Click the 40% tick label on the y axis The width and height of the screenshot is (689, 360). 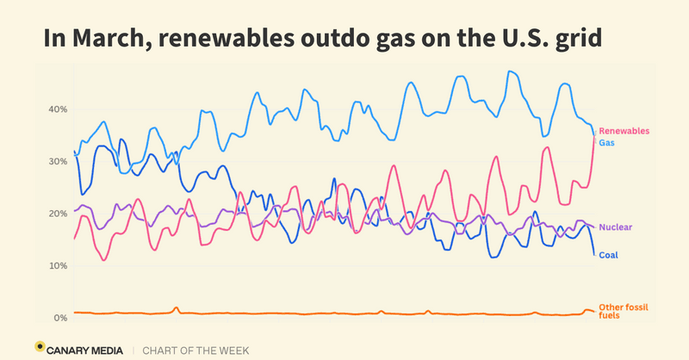click(57, 109)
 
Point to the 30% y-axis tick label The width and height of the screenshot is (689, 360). click(57, 162)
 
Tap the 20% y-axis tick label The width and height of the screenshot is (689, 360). click(57, 214)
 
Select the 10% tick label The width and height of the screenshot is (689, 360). click(57, 266)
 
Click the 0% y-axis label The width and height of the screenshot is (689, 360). click(59, 318)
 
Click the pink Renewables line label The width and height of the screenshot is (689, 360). click(624, 131)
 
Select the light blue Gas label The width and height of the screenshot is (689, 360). click(606, 142)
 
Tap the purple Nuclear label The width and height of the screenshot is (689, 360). click(616, 227)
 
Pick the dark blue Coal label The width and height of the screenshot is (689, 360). click(608, 255)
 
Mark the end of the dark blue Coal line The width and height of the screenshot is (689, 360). click(593, 254)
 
